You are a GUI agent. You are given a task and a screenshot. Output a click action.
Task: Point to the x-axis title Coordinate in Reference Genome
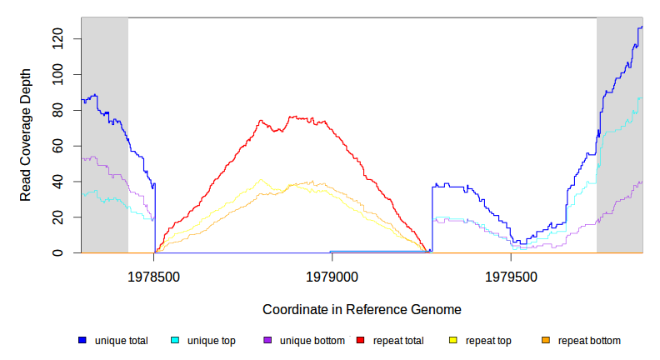tap(362, 309)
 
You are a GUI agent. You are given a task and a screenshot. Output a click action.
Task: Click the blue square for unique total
tap(82, 341)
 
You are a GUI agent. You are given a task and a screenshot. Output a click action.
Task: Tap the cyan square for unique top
tap(175, 341)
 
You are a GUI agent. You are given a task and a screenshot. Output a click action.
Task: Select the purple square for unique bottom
tap(267, 341)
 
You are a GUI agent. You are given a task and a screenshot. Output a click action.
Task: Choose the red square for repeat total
tap(360, 341)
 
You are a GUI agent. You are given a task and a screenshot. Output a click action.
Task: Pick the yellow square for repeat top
tap(453, 341)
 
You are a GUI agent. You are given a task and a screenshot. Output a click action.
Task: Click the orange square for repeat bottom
tap(546, 341)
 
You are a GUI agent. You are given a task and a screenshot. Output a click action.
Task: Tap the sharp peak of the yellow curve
tap(261, 179)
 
